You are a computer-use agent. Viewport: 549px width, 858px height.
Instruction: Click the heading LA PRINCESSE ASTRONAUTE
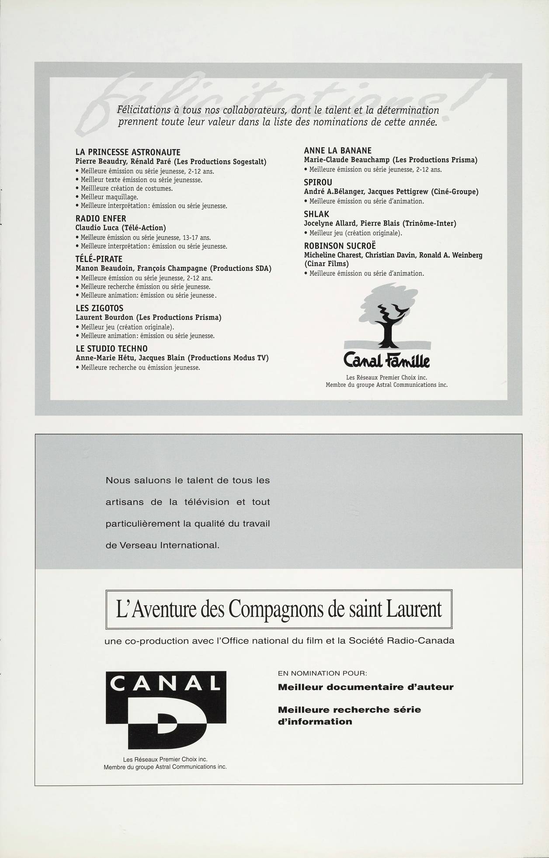[128, 152]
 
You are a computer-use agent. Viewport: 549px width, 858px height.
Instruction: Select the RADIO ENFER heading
[101, 219]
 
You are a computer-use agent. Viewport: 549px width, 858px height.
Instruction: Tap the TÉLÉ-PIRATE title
[99, 259]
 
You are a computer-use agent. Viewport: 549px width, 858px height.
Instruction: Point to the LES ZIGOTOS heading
[99, 308]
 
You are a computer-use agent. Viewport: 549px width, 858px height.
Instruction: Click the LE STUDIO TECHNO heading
[111, 348]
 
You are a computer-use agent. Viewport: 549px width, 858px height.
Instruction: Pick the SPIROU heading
[318, 182]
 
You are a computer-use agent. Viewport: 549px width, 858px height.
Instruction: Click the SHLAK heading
[316, 214]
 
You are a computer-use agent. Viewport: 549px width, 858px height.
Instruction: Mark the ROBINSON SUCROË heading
[340, 246]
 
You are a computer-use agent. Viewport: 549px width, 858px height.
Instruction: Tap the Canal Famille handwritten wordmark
[387, 361]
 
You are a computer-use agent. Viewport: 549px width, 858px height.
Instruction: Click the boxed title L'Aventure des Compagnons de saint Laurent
[279, 609]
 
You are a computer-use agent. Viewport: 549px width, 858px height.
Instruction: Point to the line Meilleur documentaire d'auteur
[365, 687]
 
